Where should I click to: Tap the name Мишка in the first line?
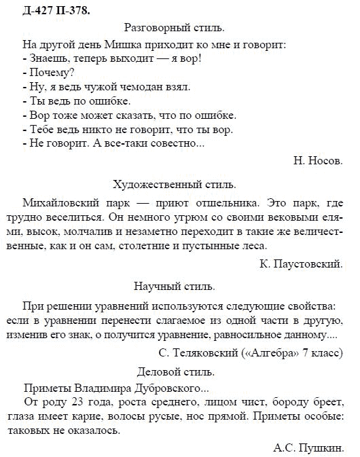(x=119, y=44)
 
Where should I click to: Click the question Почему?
(x=52, y=73)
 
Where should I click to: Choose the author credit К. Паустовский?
(x=301, y=263)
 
